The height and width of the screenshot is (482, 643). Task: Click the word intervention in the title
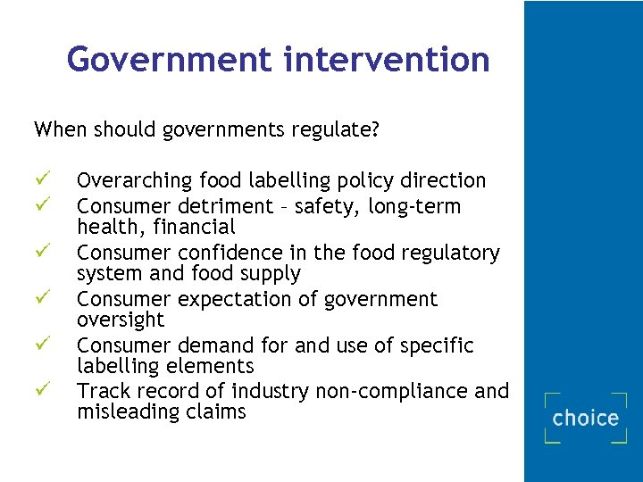(386, 60)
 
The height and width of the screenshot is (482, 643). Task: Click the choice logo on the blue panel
(586, 418)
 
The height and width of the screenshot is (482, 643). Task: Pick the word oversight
(121, 320)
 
